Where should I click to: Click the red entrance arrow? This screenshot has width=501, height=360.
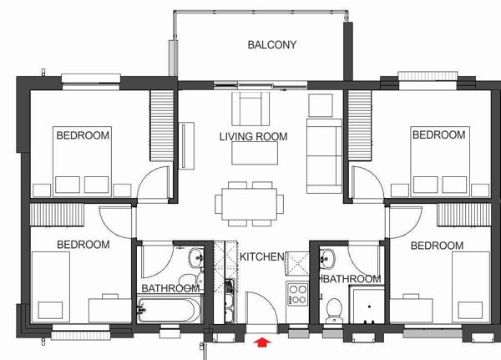(262, 342)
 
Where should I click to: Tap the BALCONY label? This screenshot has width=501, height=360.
(272, 45)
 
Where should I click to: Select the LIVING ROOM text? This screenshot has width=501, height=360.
(253, 136)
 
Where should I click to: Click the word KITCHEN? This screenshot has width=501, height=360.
(261, 256)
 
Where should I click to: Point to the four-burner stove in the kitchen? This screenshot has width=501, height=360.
(297, 294)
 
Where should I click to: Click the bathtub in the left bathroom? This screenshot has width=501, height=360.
(170, 310)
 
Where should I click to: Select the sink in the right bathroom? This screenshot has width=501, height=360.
(327, 258)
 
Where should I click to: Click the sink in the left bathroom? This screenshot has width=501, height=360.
(196, 258)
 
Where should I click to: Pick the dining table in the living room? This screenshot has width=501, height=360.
(249, 204)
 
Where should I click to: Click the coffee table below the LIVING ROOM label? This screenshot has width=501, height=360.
(255, 153)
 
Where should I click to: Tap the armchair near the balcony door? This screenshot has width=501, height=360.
(250, 109)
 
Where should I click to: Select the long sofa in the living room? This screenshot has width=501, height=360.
(324, 156)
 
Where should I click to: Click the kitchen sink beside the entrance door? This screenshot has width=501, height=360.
(230, 301)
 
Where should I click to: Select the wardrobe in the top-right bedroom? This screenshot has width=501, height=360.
(360, 125)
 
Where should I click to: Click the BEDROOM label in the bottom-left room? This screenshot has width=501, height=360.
(83, 245)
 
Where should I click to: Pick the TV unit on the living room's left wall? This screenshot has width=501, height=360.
(186, 145)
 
